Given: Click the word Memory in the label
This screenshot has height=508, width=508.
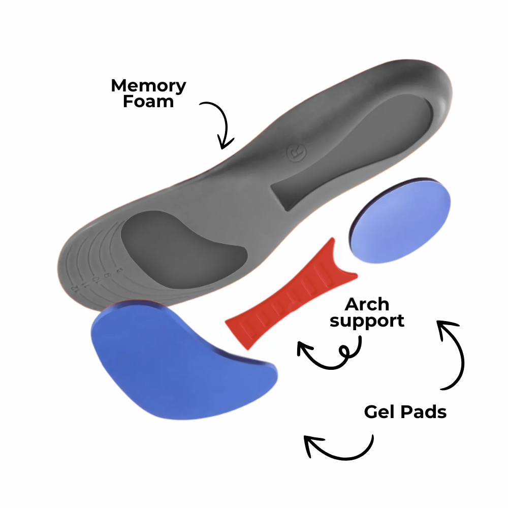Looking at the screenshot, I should [148, 86].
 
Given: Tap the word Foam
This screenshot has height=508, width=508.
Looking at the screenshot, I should [148, 101].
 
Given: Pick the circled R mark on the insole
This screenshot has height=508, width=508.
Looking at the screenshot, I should [294, 153].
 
